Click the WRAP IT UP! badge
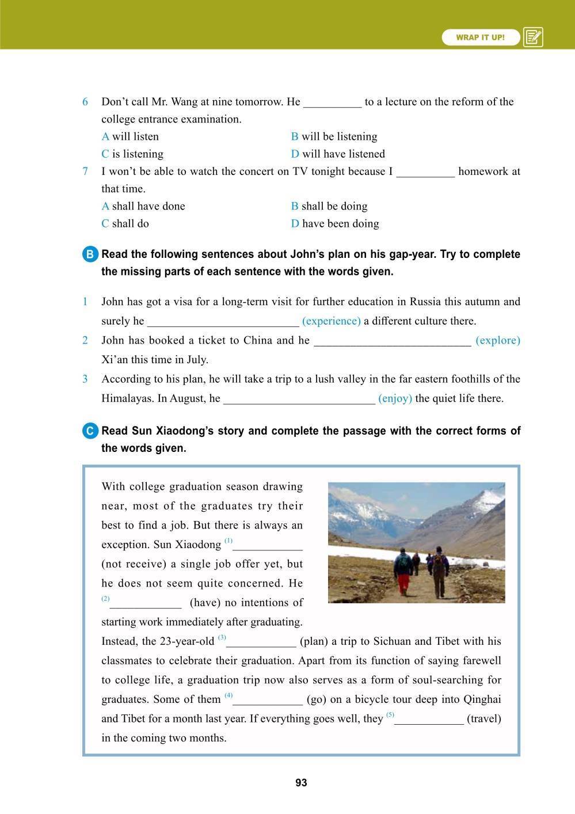click(x=481, y=37)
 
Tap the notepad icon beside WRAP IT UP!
click(x=533, y=37)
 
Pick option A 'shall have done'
click(x=143, y=206)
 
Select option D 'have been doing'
click(x=335, y=223)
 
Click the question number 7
click(x=85, y=171)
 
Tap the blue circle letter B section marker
click(x=90, y=255)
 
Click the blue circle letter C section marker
click(x=90, y=431)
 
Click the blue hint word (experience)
click(x=331, y=321)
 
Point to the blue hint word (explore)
click(x=498, y=340)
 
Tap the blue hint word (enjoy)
click(x=395, y=398)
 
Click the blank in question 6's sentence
click(x=332, y=102)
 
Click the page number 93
click(x=301, y=783)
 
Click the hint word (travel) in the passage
click(x=484, y=718)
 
